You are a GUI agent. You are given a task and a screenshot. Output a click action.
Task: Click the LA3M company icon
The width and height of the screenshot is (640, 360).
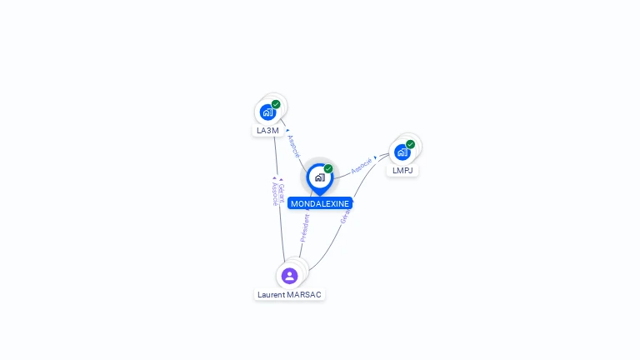click(267, 112)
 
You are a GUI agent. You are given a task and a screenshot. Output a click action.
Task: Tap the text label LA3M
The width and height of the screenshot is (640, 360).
click(267, 131)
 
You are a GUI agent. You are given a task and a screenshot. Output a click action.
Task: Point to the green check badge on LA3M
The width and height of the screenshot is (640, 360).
click(276, 104)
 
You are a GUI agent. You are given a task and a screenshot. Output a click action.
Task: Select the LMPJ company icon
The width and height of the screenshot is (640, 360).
click(402, 152)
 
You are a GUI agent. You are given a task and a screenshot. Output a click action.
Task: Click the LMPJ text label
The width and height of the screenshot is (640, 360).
click(402, 171)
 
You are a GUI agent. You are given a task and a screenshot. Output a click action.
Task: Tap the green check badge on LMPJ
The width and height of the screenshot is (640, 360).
click(411, 144)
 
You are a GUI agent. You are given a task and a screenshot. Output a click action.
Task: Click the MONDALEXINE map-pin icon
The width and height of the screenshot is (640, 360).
click(319, 177)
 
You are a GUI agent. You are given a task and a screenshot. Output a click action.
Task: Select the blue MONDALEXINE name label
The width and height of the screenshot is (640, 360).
click(320, 203)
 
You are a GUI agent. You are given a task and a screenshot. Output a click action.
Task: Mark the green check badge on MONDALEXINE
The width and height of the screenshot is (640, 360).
click(328, 169)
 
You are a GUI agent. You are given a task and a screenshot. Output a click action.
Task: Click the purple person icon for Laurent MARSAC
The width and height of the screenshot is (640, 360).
click(289, 276)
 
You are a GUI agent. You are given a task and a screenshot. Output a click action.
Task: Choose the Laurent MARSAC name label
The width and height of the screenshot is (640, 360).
click(289, 295)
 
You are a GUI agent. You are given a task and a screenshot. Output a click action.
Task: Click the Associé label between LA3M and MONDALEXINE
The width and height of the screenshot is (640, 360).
click(292, 146)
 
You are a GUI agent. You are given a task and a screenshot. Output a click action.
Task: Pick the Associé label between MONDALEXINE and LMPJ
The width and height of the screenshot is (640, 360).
click(362, 166)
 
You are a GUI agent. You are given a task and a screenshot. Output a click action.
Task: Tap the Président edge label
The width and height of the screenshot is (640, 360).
click(305, 227)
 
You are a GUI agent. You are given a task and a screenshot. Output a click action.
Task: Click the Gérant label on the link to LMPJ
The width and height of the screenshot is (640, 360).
click(345, 213)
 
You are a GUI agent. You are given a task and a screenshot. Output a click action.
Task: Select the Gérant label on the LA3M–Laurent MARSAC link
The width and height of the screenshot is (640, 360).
click(281, 192)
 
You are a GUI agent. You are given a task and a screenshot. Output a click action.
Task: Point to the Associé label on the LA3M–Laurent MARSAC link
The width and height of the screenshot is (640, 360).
click(274, 194)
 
